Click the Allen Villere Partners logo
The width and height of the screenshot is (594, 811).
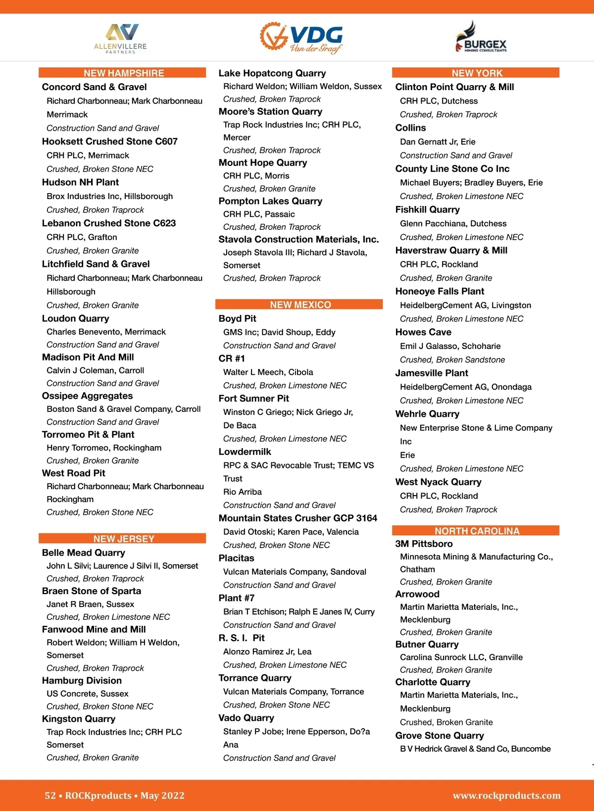click(x=120, y=38)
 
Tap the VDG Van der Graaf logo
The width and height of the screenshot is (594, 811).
click(x=301, y=37)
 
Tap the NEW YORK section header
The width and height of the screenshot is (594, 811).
click(x=477, y=73)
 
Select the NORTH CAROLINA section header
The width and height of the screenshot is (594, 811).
click(x=477, y=531)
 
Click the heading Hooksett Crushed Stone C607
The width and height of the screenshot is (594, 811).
click(x=109, y=141)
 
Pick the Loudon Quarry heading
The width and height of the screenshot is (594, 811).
click(x=75, y=318)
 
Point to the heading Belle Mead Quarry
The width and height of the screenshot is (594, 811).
click(x=83, y=553)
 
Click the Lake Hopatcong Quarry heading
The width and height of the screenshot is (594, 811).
click(x=272, y=73)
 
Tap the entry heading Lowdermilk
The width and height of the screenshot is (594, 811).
click(x=245, y=452)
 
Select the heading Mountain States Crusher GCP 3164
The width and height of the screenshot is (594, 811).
click(x=297, y=518)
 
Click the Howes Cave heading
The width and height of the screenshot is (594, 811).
click(x=423, y=332)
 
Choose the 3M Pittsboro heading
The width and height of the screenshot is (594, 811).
click(x=424, y=544)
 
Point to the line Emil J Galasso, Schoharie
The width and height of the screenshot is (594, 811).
click(x=450, y=346)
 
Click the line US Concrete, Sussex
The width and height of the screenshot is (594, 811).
click(x=87, y=694)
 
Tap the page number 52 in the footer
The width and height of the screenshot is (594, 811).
click(x=50, y=795)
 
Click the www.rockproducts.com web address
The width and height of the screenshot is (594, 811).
click(x=506, y=795)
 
